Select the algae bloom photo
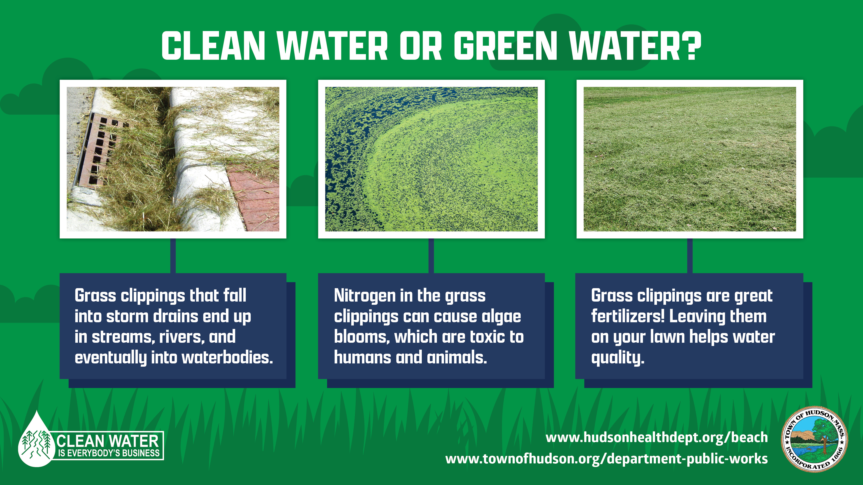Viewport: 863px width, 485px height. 431,159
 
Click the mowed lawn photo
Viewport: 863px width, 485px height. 690,159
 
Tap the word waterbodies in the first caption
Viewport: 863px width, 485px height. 227,357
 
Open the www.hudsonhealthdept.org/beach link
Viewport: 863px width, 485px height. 657,438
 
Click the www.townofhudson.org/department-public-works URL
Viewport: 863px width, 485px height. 606,458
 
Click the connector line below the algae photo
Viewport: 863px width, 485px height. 431,256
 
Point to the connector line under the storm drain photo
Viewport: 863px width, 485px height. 173,256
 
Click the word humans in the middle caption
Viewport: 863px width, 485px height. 362,357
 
